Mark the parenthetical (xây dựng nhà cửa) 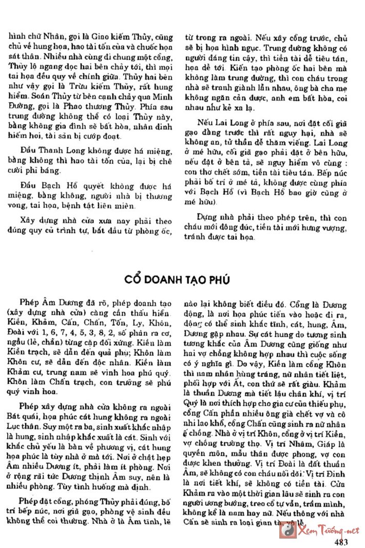point(42,313)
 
